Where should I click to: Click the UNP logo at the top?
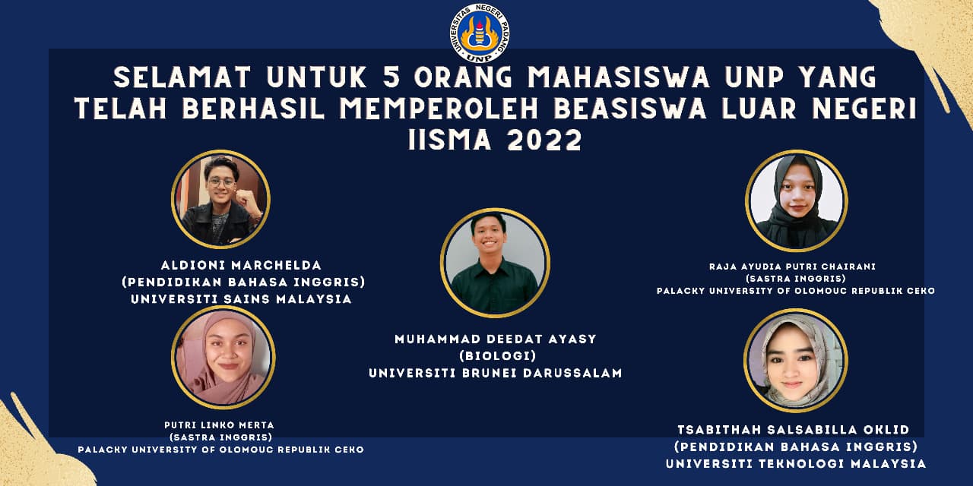click(479, 33)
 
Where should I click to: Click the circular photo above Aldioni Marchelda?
click(220, 200)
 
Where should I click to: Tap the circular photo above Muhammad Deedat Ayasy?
click(495, 263)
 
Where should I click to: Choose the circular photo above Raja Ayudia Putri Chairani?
click(796, 200)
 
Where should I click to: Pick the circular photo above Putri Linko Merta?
click(223, 357)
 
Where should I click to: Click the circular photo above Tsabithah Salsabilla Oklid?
click(795, 360)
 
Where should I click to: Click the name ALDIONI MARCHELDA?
click(241, 265)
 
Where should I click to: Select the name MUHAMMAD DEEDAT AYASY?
click(495, 339)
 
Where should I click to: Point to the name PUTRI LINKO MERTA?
click(220, 424)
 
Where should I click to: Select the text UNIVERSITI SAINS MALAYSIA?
click(241, 299)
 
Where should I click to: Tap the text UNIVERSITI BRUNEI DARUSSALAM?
click(495, 373)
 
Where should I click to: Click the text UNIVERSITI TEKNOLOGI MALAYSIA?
click(796, 463)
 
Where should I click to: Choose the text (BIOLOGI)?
click(495, 356)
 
